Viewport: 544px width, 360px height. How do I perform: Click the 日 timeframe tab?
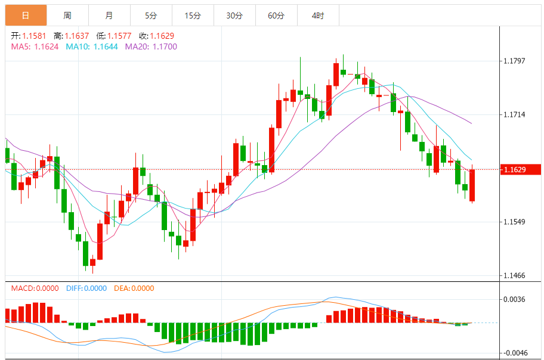pyautogui.click(x=25, y=15)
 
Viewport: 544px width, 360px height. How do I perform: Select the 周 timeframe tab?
pyautogui.click(x=67, y=15)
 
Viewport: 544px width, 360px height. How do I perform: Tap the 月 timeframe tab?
pyautogui.click(x=109, y=15)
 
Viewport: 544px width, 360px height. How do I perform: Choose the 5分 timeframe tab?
pyautogui.click(x=151, y=15)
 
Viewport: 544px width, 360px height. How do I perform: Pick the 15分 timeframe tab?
pyautogui.click(x=193, y=15)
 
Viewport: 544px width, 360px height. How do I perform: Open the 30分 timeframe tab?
pyautogui.click(x=234, y=15)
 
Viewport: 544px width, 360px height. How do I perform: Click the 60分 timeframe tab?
pyautogui.click(x=276, y=15)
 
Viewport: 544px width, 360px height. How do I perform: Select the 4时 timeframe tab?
pyautogui.click(x=318, y=15)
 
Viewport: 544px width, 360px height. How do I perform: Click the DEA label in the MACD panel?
pyautogui.click(x=121, y=288)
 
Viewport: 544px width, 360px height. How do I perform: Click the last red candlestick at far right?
pyautogui.click(x=472, y=185)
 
